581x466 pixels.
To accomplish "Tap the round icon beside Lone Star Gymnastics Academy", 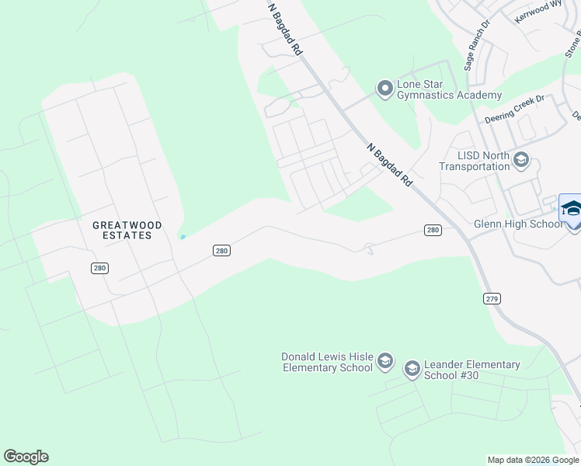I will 384,89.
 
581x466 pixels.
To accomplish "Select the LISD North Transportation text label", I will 474,161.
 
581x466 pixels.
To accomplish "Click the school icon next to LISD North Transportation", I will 521,161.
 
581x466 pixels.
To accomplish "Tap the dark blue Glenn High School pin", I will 572,210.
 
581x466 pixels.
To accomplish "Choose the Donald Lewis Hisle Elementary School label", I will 327,362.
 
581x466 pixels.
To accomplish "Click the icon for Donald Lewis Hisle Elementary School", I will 384,362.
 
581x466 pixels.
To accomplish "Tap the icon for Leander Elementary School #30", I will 412,369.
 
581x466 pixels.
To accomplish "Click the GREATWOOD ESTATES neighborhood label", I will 127,230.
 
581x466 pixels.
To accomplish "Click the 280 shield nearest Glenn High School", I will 433,230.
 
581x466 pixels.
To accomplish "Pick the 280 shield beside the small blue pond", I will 222,249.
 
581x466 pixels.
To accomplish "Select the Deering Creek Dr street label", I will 516,110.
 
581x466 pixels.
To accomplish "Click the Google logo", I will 26,457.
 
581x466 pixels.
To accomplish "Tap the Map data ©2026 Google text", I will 533,460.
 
